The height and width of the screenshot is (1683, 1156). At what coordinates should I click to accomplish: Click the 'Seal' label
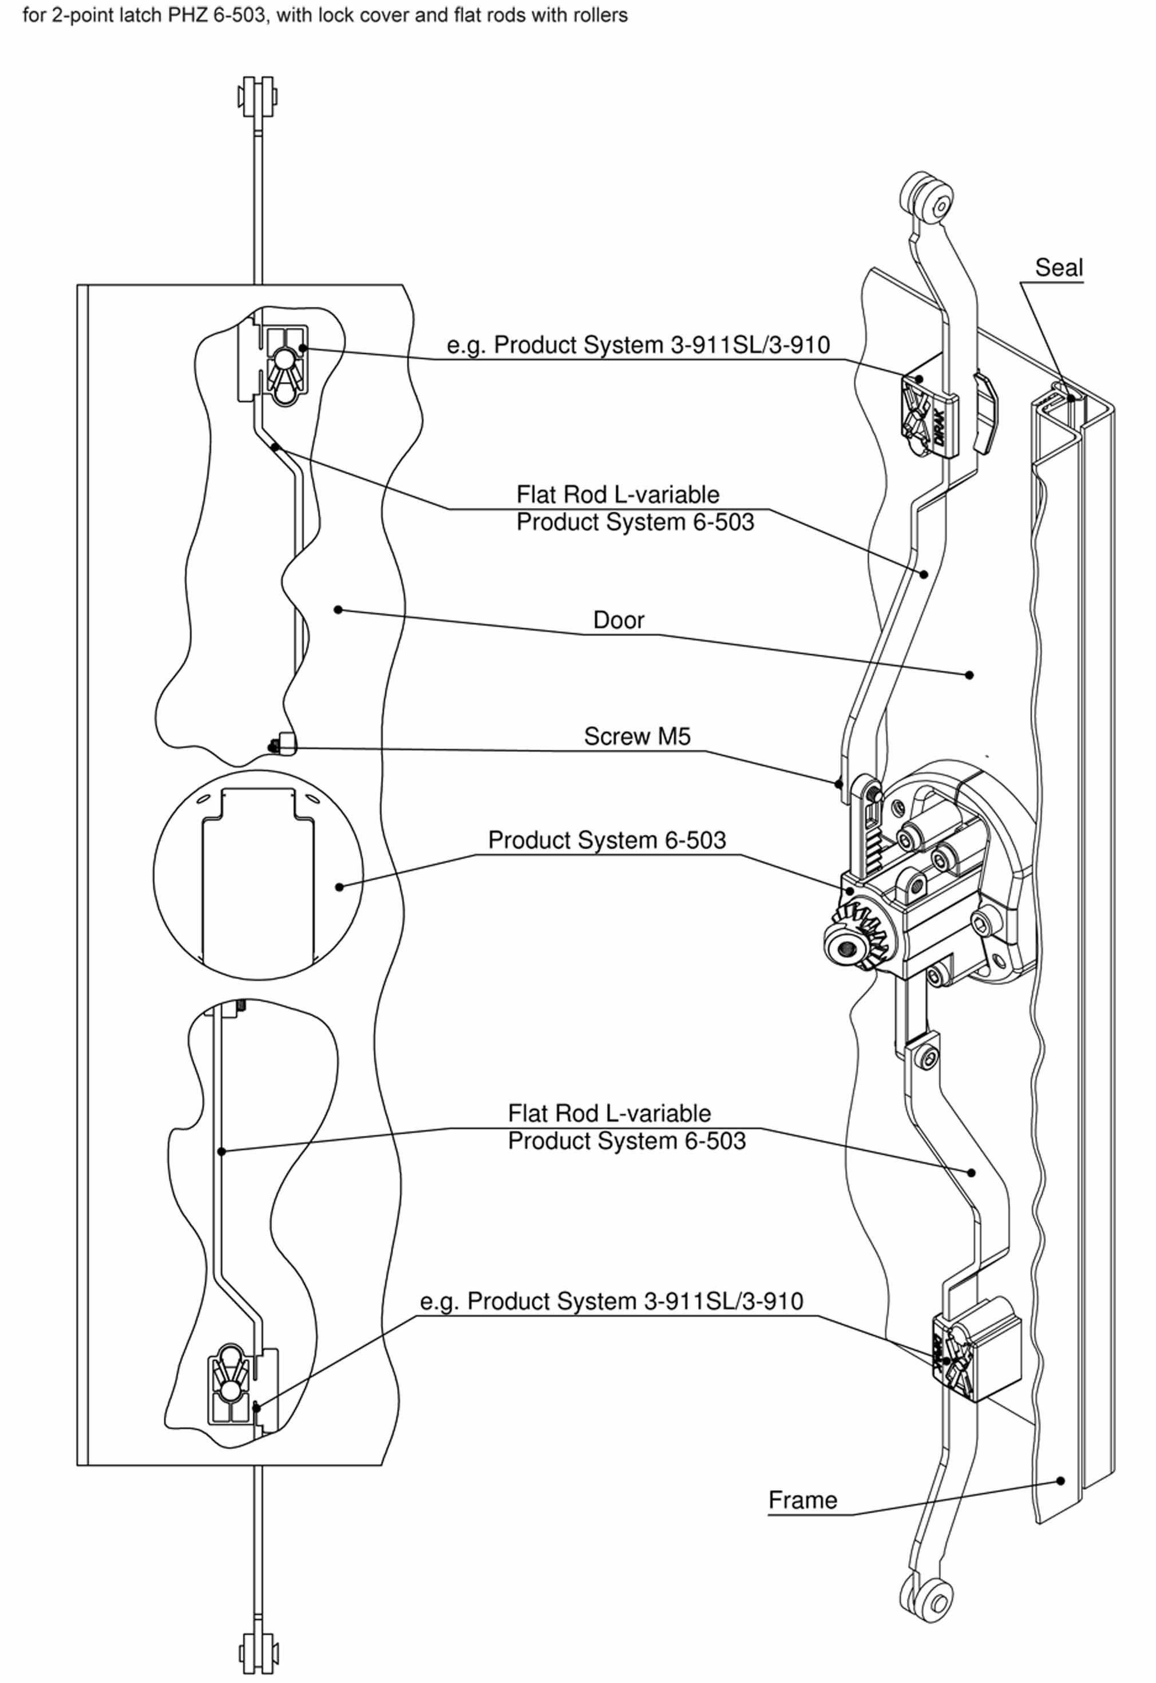(x=1058, y=267)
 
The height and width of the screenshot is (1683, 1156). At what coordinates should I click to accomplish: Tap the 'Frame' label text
(x=802, y=1500)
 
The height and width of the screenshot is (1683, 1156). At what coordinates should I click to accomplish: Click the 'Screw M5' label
(x=638, y=736)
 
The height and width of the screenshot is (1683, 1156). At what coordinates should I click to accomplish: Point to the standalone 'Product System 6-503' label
(x=607, y=840)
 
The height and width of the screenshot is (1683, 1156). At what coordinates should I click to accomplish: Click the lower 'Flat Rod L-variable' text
(x=609, y=1113)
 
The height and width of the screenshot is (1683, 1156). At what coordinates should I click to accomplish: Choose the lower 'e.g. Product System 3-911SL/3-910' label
(x=611, y=1301)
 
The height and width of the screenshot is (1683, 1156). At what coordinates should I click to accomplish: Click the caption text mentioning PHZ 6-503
(x=325, y=15)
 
